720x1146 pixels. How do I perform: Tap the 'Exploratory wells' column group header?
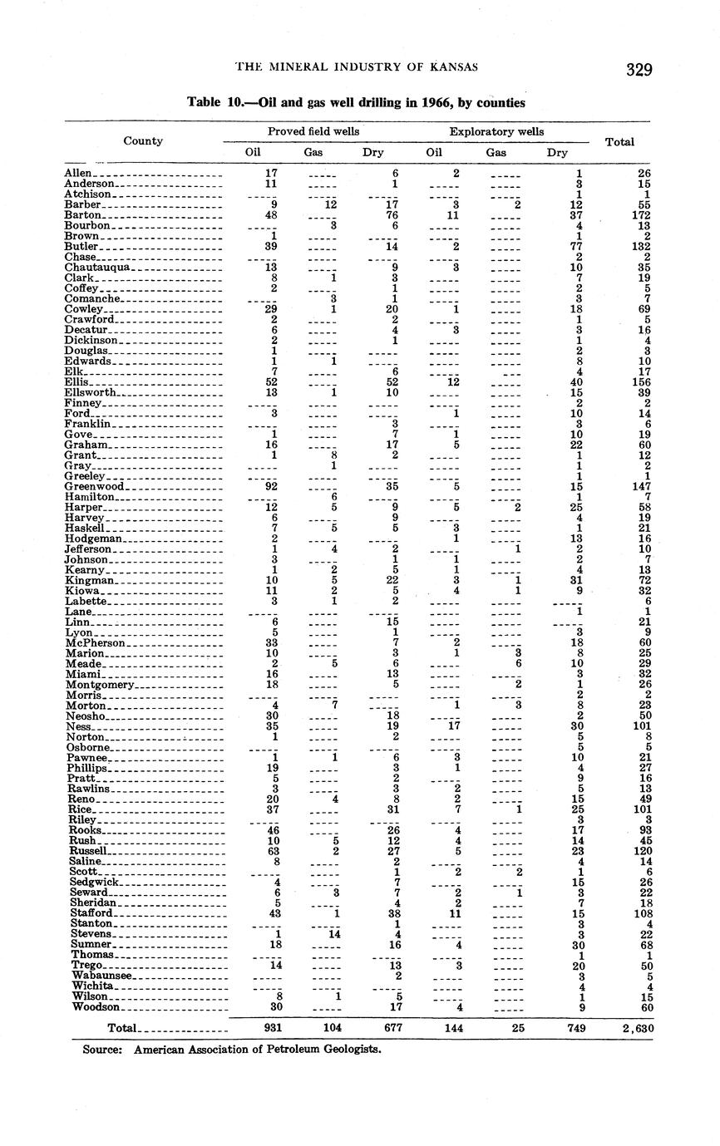coord(496,131)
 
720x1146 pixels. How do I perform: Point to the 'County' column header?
coord(143,140)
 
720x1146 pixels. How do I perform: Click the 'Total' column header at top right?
coord(619,141)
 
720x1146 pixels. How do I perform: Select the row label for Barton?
coord(82,214)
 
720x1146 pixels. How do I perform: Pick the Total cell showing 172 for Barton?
coord(640,214)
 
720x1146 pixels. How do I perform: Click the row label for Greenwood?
coord(94,486)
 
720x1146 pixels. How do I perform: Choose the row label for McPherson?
coord(96,643)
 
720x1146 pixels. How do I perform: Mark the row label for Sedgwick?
coord(91,882)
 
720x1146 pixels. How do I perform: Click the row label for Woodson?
coord(92,1007)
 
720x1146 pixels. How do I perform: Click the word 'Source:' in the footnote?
coord(102,1050)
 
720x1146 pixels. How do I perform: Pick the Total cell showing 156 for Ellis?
coord(640,381)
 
